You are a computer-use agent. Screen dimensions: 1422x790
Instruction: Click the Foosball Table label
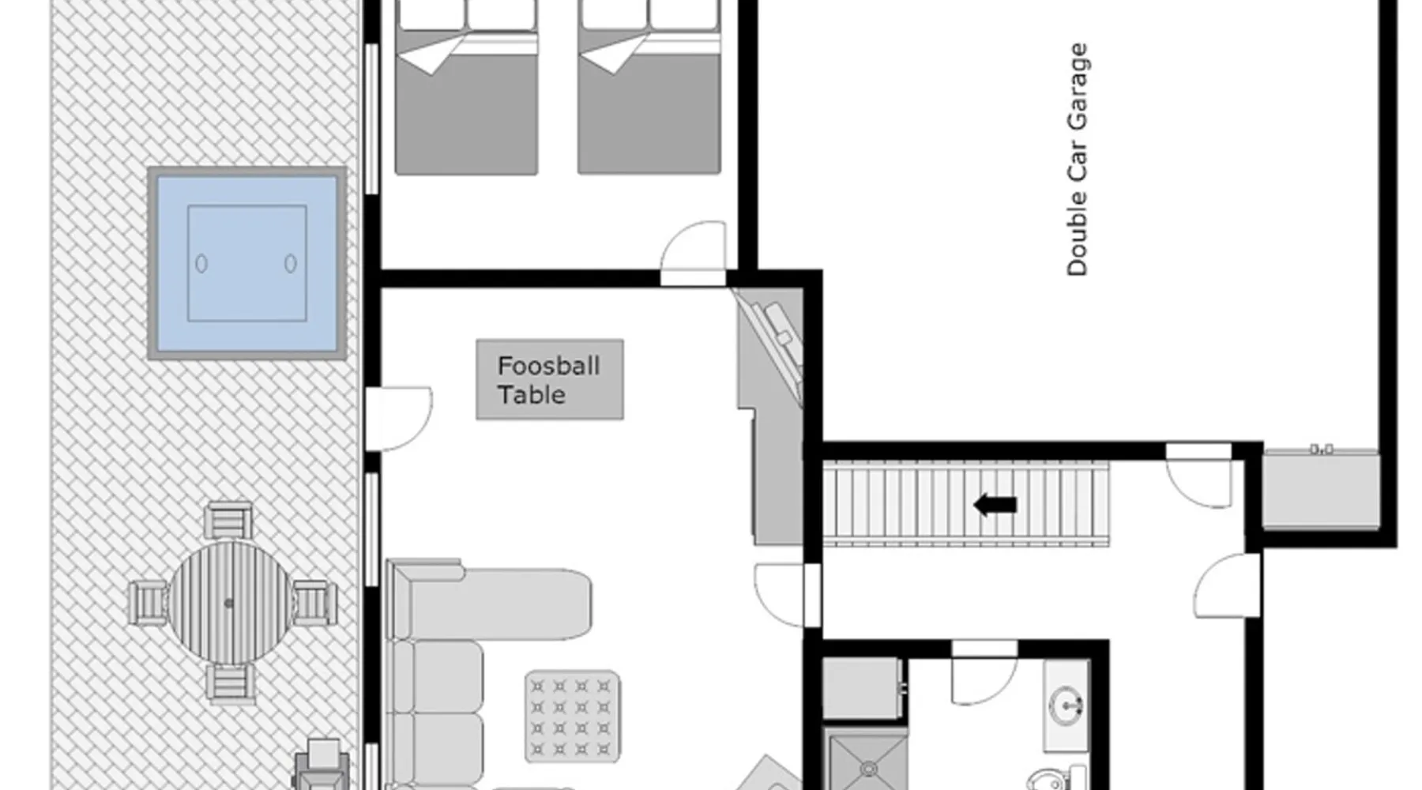549,380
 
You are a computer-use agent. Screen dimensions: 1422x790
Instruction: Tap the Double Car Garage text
1077,160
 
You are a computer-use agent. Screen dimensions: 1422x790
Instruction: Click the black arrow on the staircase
995,505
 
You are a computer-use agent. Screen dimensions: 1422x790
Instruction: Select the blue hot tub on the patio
247,263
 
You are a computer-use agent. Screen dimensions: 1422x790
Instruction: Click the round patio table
229,603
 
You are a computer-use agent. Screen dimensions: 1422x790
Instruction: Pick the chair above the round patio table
228,520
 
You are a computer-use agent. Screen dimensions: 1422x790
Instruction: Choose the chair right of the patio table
314,603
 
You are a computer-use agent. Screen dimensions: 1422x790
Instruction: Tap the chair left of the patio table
148,603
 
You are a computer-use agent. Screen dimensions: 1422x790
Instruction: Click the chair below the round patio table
230,684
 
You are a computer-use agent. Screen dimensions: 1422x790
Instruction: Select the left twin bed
466,87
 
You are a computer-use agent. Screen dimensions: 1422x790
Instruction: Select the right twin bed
649,87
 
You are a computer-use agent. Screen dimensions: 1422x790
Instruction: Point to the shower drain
868,768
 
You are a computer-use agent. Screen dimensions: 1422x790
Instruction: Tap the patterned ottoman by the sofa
572,717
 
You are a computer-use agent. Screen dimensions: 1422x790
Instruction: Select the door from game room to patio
399,419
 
